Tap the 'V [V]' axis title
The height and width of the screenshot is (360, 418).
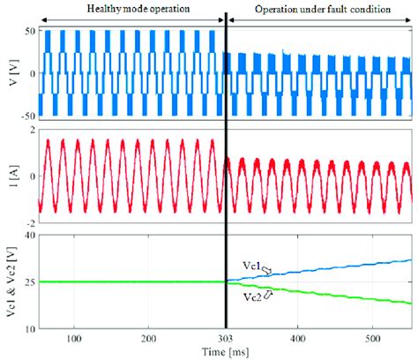(x=9, y=72)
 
